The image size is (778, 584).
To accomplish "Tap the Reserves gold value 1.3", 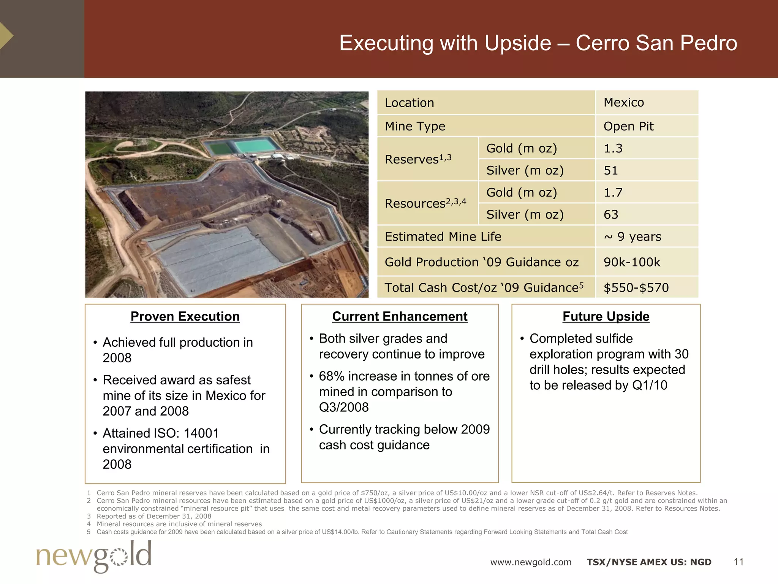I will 613,148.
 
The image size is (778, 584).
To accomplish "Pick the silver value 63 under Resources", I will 611,214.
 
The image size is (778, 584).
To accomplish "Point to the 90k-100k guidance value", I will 632,262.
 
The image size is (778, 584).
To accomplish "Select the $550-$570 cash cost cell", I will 636,287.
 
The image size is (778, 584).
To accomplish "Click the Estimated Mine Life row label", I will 443,236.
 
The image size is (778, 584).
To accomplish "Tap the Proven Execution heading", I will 185,316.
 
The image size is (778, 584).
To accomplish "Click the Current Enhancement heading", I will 400,316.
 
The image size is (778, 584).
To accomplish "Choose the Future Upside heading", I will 606,316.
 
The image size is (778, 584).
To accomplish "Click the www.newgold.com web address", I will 531,562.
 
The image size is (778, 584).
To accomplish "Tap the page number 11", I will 738,562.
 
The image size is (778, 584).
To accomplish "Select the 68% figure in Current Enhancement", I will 332,376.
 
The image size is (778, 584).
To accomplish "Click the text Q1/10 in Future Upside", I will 650,385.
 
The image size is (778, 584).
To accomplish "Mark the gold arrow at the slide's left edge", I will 6,36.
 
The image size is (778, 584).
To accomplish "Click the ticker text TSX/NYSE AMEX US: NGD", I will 649,562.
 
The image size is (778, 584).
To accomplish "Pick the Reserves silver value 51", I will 611,170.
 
